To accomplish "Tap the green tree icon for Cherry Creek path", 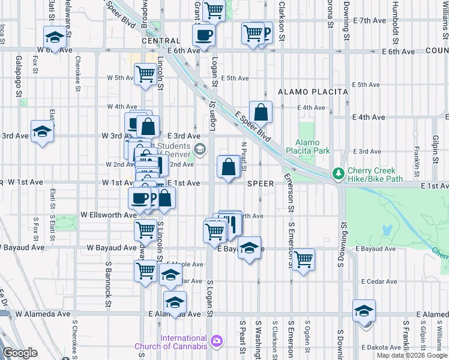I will point(339,173).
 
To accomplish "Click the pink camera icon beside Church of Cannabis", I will point(216,341).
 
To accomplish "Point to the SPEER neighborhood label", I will point(261,183).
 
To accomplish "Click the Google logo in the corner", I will point(20,353).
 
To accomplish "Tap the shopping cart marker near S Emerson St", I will point(304,259).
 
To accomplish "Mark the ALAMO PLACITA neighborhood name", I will point(313,92).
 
